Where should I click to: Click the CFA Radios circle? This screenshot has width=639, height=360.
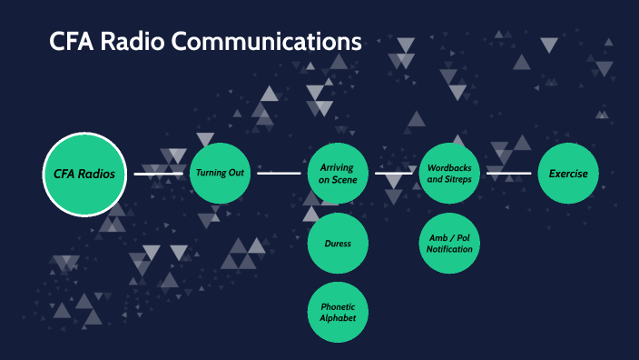click(x=84, y=174)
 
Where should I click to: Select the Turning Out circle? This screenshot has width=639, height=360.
click(x=221, y=173)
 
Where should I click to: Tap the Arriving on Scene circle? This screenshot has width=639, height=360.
click(x=338, y=174)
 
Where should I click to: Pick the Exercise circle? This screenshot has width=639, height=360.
click(x=568, y=173)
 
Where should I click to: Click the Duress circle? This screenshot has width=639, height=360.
click(x=338, y=243)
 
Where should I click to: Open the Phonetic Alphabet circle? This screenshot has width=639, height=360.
click(x=338, y=312)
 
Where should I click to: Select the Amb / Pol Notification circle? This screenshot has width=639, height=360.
click(x=451, y=243)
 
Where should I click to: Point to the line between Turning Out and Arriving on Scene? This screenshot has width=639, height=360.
click(x=279, y=173)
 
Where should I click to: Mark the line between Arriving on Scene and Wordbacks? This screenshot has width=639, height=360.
click(x=394, y=173)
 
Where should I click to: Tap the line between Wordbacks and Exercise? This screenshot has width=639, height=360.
click(x=509, y=173)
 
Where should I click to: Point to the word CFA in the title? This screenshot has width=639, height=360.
click(x=70, y=42)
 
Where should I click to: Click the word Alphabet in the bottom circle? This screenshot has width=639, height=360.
click(x=338, y=318)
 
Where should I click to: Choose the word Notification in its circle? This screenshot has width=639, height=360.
click(x=451, y=249)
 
